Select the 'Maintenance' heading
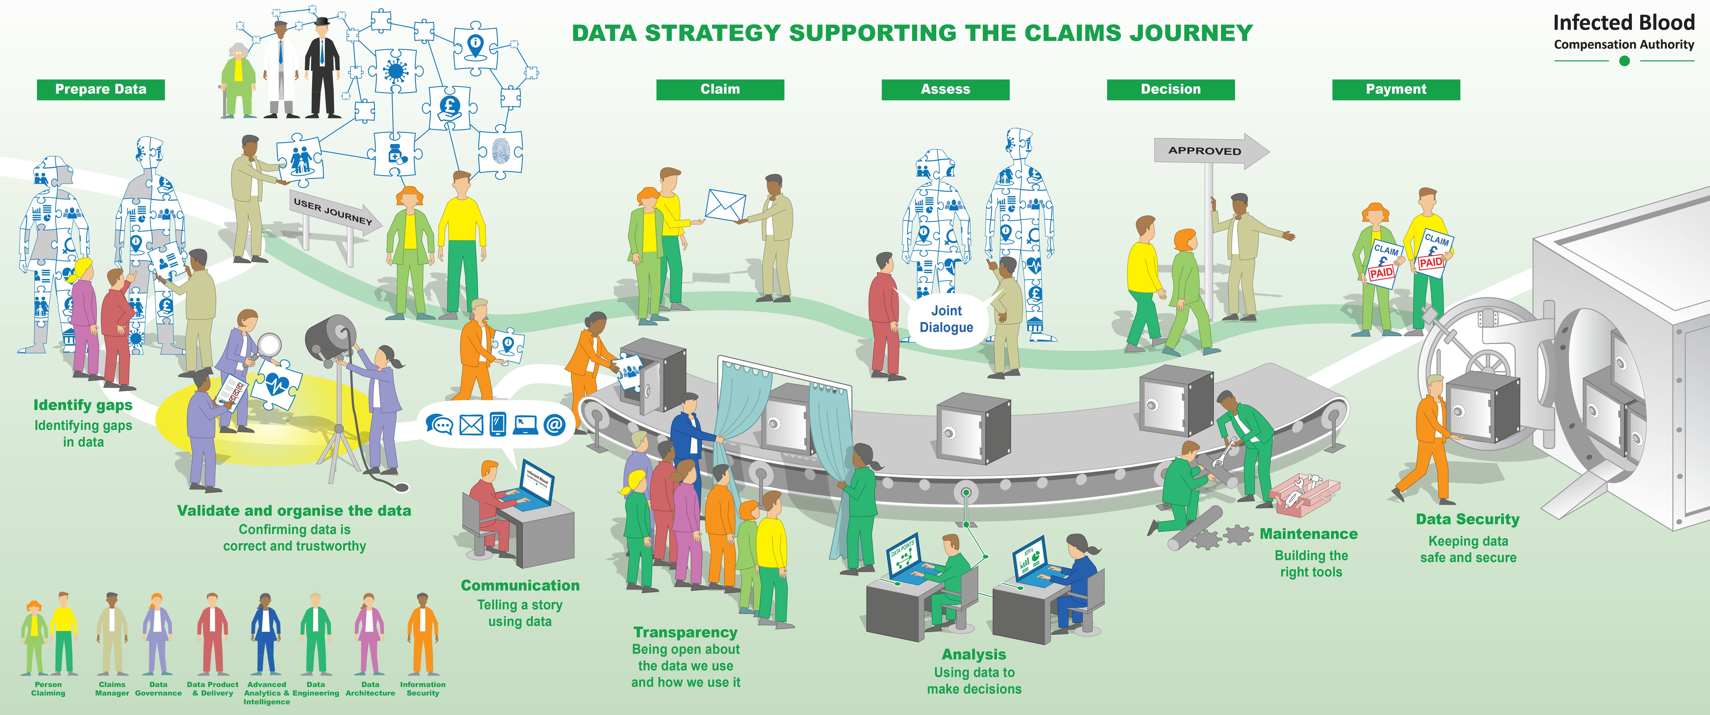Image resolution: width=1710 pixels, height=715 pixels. point(1308,534)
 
